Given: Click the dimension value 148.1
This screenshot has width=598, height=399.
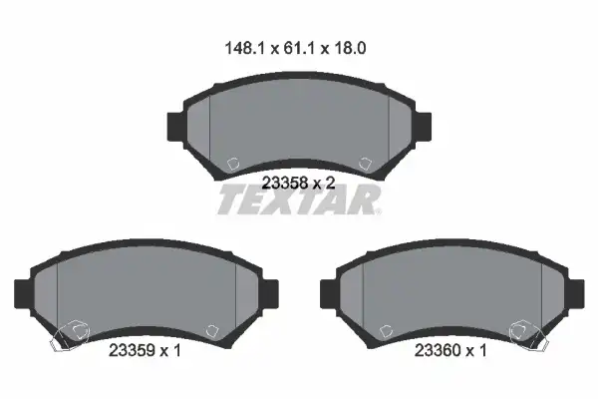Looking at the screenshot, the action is tap(244, 49).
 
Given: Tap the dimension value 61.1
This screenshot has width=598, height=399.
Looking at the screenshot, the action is tap(299, 49).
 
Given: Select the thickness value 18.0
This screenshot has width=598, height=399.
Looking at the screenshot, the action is tap(350, 49).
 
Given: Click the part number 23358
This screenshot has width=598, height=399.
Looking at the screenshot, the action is tap(285, 184).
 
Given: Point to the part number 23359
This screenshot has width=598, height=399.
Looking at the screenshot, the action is tap(132, 350).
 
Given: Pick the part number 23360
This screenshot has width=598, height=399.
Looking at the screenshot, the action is tap(438, 350).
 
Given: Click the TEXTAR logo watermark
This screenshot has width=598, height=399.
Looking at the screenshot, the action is tap(299, 199).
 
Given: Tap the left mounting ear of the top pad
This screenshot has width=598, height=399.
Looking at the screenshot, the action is tap(175, 127).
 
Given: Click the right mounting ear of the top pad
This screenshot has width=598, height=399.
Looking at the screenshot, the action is tap(423, 127).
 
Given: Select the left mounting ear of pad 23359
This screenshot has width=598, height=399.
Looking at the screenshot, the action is tap(23, 293).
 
